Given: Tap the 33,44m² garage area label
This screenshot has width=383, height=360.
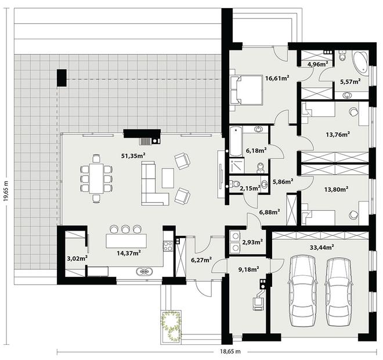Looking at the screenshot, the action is pos(322,247).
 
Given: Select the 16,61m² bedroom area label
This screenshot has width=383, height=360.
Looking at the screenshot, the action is pos(277,78).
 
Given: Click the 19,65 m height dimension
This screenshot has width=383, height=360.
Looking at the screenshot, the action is pos(6,191).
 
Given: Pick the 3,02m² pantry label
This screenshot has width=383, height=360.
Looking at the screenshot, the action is pos(77,258).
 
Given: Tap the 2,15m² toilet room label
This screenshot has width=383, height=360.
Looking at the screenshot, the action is pos(250,188).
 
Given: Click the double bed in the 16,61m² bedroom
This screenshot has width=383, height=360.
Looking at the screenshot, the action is pos(247,90).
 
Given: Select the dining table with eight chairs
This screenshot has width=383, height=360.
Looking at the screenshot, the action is pos(96,178).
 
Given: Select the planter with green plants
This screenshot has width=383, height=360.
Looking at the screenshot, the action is pos(171,326).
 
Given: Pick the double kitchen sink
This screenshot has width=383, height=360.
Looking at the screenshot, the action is pos(145,271).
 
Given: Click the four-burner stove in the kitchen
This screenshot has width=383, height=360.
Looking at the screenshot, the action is pos(168,246).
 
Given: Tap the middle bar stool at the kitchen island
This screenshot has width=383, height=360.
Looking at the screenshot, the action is pos(125,229).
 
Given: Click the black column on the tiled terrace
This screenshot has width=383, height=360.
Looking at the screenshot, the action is pos(62,78).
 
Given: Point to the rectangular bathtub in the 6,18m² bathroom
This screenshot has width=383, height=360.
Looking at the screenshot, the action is pos(236,141).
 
